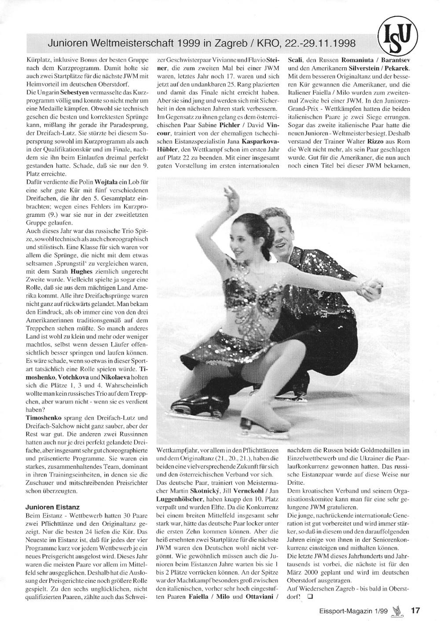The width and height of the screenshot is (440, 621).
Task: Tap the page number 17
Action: coord(416,610)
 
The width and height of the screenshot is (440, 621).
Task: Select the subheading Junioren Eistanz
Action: coord(52,507)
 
